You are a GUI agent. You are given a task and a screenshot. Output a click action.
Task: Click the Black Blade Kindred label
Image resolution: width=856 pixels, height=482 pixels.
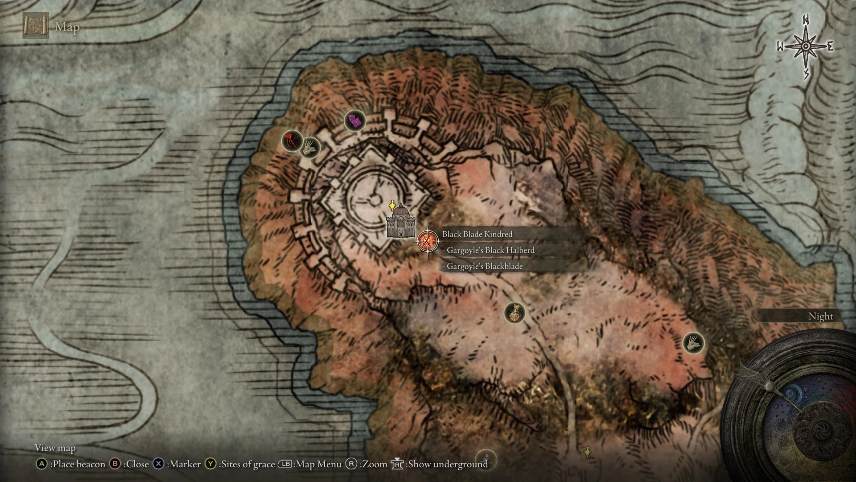coord(477,234)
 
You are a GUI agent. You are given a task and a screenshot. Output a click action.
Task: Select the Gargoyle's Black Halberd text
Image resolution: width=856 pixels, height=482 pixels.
coord(490,250)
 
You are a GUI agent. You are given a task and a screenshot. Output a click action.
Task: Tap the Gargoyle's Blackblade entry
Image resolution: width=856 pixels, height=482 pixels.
coord(484,266)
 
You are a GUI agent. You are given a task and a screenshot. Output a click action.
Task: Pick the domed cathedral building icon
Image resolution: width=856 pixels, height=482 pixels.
coord(400,222)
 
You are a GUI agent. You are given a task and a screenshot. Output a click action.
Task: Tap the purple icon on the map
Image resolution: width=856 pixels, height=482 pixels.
coord(355,120)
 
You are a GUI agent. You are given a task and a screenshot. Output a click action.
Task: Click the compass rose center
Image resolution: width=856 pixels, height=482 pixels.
coord(806,46)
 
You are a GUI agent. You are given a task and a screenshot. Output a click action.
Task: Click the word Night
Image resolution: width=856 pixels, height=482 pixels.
coord(820,316)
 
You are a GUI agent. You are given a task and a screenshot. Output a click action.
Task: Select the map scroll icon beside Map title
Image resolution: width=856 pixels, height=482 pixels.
coord(35,26)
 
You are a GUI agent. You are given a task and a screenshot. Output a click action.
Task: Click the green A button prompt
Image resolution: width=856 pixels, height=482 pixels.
coord(41,464)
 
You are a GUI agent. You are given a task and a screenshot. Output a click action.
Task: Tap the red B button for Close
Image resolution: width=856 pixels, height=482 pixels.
coord(115,464)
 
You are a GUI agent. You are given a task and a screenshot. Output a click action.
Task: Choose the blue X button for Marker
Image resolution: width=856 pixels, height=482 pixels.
coord(158,464)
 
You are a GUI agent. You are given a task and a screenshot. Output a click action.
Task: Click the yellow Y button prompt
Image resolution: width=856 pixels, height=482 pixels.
coord(210,464)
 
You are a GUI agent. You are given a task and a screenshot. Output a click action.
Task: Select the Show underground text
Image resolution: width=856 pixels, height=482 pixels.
coord(448,464)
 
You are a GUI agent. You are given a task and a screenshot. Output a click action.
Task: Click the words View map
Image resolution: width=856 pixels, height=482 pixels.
coord(55,448)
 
